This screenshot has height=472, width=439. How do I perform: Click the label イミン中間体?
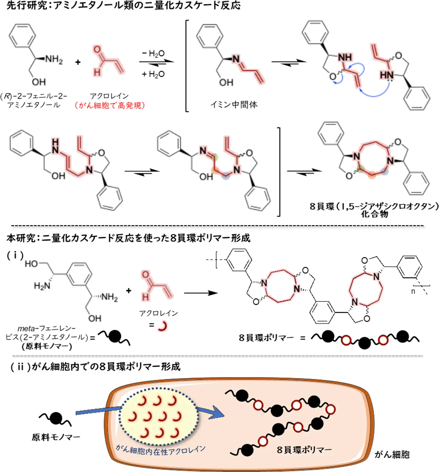click(234, 105)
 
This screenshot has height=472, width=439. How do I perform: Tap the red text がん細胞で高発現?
click(109, 106)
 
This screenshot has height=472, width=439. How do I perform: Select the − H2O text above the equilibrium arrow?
click(153, 54)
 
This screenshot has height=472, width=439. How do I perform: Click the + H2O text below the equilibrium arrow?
click(153, 74)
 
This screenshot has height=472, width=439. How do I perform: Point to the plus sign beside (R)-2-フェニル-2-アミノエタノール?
click(78, 62)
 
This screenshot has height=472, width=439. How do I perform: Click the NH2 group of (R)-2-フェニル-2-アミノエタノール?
click(54, 59)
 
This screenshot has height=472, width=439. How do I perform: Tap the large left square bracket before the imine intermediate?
click(187, 66)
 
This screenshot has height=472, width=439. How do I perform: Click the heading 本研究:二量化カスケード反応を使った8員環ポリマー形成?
click(128, 238)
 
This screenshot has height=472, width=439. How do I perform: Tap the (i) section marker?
click(15, 255)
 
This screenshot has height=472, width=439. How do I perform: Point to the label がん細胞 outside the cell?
click(392, 455)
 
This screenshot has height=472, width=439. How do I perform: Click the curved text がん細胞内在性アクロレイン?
click(160, 450)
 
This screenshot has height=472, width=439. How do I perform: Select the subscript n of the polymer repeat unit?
click(413, 291)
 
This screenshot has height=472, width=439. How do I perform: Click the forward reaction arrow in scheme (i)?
click(201, 293)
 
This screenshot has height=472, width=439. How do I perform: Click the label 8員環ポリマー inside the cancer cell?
click(304, 450)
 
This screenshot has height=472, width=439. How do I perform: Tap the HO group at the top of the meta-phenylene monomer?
click(31, 264)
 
